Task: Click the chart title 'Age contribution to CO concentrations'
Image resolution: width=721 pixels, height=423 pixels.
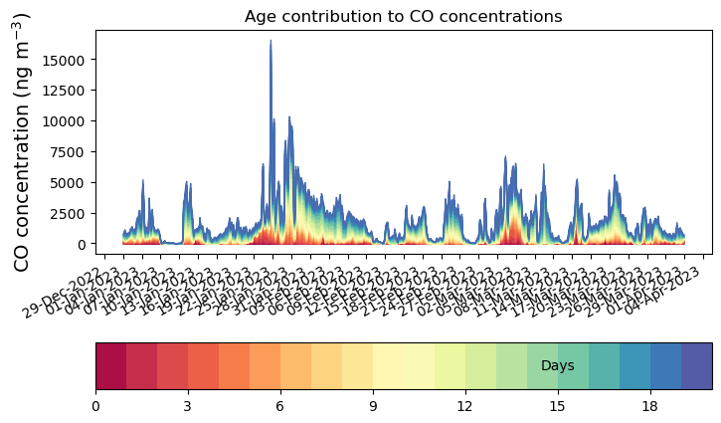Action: pyautogui.click(x=403, y=16)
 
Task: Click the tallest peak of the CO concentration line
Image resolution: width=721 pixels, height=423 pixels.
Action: pyautogui.click(x=270, y=41)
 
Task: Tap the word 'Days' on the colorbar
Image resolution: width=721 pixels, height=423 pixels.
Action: pyautogui.click(x=557, y=366)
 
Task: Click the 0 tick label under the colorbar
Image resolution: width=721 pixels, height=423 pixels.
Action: pyautogui.click(x=95, y=406)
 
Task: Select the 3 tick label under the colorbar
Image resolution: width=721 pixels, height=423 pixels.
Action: pyautogui.click(x=188, y=406)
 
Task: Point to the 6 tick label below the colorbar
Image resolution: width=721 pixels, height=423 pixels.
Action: pyautogui.click(x=280, y=406)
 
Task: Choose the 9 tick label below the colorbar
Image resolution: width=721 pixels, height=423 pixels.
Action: pyautogui.click(x=373, y=406)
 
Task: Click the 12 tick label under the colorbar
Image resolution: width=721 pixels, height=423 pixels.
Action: pyautogui.click(x=465, y=406)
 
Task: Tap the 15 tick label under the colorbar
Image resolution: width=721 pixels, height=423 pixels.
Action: pyautogui.click(x=558, y=406)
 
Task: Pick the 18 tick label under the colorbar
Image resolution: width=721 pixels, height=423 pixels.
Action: pyautogui.click(x=650, y=406)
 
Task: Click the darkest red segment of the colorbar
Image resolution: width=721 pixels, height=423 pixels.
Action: pyautogui.click(x=110, y=366)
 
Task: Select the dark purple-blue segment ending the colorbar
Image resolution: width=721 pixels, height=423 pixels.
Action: pyautogui.click(x=696, y=366)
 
